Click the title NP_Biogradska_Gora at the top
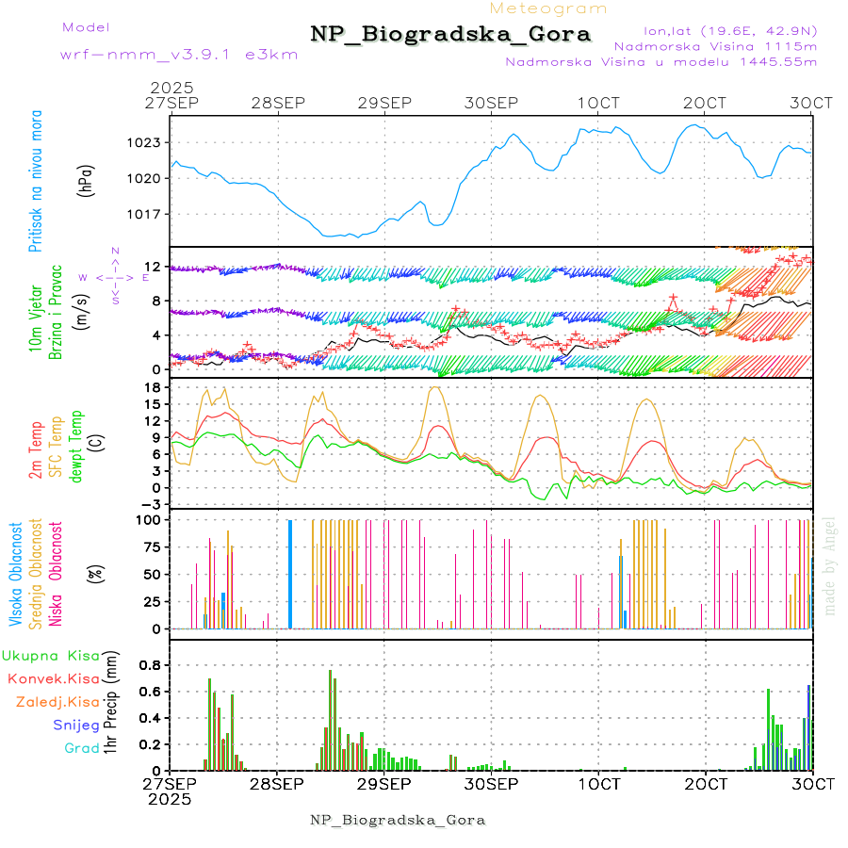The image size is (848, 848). [x=450, y=35]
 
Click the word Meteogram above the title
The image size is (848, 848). [x=549, y=8]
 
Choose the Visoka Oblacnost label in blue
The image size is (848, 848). [x=16, y=575]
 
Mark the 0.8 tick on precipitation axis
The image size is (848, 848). [x=149, y=664]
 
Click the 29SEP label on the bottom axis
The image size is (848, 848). [x=384, y=784]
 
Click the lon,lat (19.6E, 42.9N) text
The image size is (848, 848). [x=730, y=30]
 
